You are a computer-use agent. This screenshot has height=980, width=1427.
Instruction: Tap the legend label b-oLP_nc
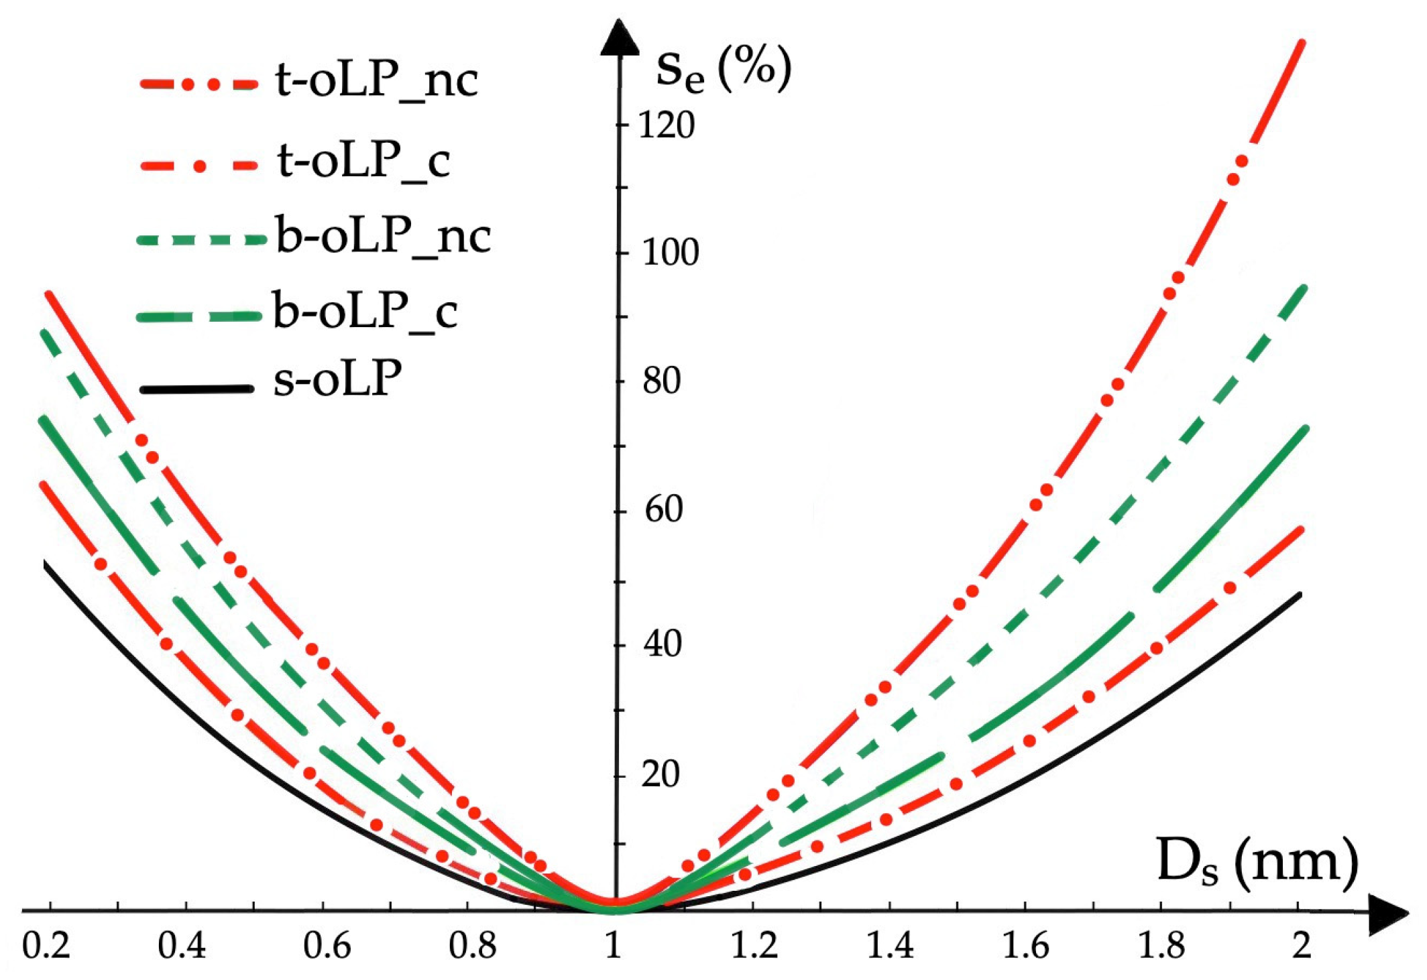(383, 237)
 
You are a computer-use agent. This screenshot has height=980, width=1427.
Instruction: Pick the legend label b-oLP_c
(365, 312)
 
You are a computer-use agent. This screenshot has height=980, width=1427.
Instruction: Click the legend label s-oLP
(337, 380)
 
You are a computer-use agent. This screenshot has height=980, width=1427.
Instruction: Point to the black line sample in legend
(196, 389)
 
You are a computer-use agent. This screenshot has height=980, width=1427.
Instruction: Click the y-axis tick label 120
(666, 125)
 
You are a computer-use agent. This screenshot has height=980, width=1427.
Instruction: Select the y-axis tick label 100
(670, 253)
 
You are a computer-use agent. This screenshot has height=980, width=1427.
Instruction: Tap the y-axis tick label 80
(661, 381)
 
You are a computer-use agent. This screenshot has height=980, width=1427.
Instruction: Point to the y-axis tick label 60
(663, 510)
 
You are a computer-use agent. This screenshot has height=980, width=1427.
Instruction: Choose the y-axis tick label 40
(663, 645)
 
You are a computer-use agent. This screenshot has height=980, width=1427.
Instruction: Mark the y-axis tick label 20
(660, 775)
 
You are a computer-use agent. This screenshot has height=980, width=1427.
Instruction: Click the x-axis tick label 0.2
(46, 946)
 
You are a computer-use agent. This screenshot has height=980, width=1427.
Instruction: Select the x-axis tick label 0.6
(327, 946)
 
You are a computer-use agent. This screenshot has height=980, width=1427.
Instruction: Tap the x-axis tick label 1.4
(890, 946)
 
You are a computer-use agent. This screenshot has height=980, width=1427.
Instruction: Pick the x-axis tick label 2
(1302, 946)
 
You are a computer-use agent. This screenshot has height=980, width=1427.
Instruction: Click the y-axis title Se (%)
(723, 69)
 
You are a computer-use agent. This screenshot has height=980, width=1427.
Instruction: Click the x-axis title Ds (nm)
(1257, 864)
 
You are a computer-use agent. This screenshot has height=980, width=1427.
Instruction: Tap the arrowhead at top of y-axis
(620, 38)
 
